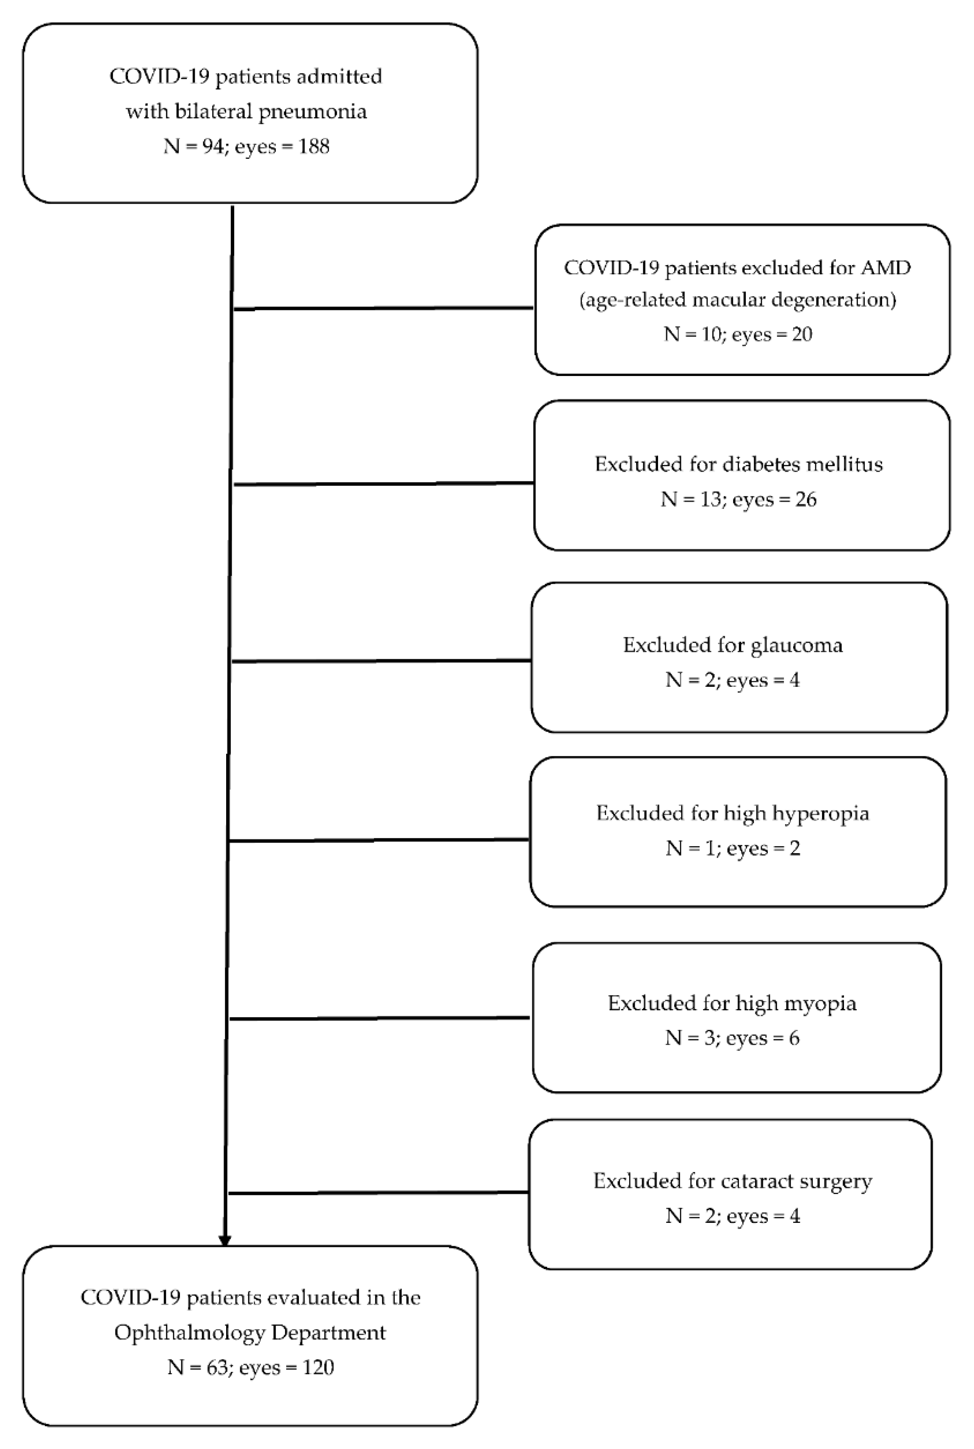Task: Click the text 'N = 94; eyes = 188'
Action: click(246, 147)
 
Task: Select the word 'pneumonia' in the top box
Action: click(313, 112)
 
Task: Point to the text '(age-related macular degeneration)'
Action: click(737, 300)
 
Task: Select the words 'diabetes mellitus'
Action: click(802, 465)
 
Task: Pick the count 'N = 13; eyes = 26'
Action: click(738, 499)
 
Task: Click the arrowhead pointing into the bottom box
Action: click(225, 1240)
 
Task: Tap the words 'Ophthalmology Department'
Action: click(250, 1333)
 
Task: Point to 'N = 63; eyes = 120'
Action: click(250, 1368)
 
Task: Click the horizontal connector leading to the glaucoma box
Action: click(380, 661)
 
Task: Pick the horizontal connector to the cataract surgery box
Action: click(378, 1192)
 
